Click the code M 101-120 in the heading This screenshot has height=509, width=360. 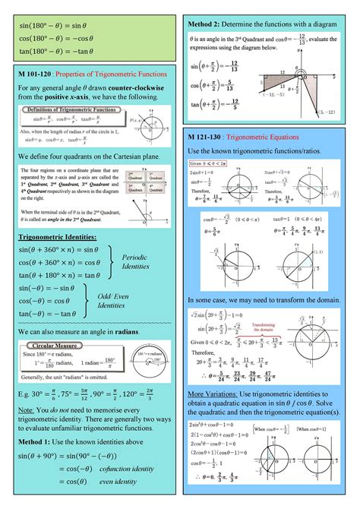pyautogui.click(x=36, y=74)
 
